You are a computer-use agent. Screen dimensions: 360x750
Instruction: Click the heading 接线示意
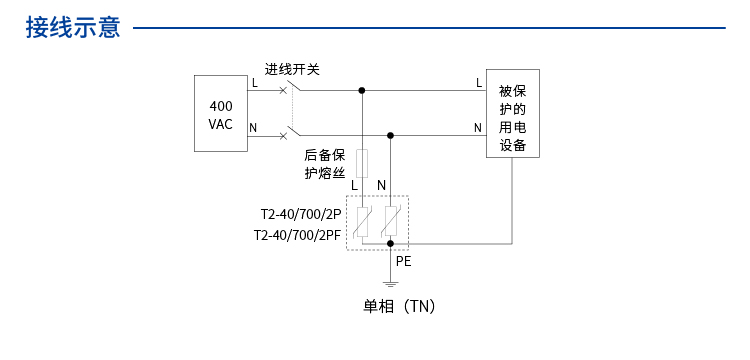click(73, 27)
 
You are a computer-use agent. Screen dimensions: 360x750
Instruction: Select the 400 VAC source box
click(220, 114)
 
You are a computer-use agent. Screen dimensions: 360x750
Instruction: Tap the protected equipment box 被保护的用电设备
click(513, 114)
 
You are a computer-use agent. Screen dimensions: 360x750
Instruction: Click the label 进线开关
click(292, 70)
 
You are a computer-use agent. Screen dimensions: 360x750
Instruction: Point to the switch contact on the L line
click(288, 89)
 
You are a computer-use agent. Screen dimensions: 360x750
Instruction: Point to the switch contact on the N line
click(288, 133)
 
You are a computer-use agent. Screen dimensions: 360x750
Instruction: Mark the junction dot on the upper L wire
click(362, 90)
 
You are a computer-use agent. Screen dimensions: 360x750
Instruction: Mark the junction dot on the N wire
click(391, 135)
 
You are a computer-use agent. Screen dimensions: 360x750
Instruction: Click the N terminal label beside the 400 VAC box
click(253, 127)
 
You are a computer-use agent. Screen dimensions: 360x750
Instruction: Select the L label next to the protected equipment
click(478, 82)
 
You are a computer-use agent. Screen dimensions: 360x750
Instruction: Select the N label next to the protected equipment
click(478, 127)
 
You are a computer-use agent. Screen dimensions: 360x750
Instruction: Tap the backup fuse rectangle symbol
click(362, 162)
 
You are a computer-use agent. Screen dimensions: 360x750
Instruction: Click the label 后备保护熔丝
click(325, 164)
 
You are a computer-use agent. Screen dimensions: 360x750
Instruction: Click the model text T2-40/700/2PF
click(298, 236)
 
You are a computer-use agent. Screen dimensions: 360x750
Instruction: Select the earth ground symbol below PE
click(391, 284)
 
